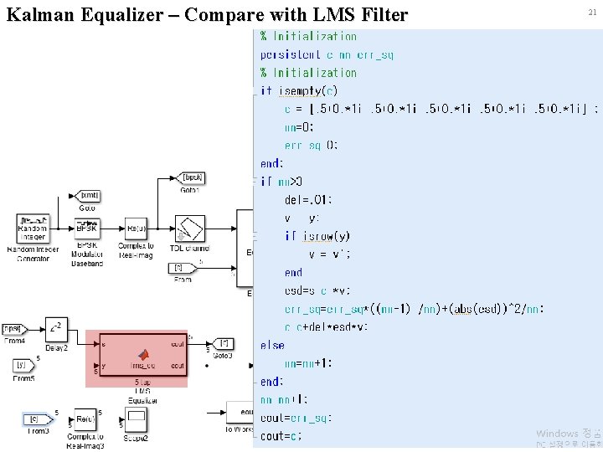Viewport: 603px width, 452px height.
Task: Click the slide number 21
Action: tap(592, 12)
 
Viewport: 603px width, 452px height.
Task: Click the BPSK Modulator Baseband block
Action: tap(87, 227)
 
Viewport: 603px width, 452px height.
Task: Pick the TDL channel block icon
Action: tap(189, 229)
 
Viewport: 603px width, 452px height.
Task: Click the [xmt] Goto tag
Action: tap(89, 195)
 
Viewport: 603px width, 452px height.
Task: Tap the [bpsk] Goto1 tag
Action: tap(192, 177)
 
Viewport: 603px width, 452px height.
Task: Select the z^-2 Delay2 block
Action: tap(55, 329)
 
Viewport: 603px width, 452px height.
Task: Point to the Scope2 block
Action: tap(136, 419)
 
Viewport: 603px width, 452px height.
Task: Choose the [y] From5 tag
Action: tap(22, 365)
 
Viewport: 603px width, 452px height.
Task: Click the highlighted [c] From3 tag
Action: tap(35, 419)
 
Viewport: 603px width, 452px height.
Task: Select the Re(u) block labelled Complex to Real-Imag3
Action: tap(85, 419)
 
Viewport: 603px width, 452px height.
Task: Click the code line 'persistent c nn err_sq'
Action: tap(327, 54)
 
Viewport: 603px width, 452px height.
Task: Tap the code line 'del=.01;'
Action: tap(308, 199)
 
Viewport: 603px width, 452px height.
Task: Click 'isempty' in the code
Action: tap(302, 90)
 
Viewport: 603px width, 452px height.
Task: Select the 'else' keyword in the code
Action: tap(272, 345)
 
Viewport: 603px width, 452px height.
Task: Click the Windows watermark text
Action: tap(557, 433)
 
